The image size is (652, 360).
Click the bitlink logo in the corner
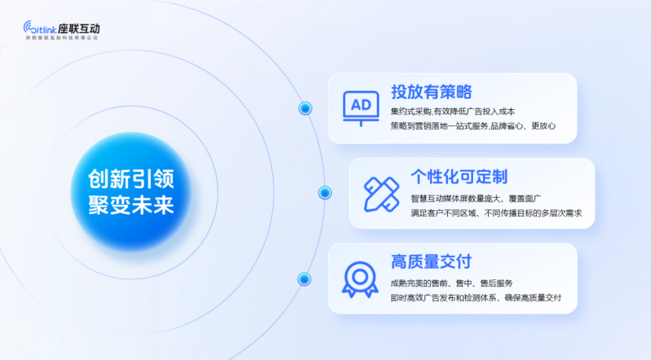point(40,27)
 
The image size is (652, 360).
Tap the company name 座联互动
point(79,29)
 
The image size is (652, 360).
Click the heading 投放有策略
point(432,92)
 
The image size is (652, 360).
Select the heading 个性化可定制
point(459,176)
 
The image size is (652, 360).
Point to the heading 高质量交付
point(432,261)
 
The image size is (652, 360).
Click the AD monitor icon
point(361,108)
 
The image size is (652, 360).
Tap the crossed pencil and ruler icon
point(381,195)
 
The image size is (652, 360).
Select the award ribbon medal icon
point(360,279)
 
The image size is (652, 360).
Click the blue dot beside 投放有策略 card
point(305,108)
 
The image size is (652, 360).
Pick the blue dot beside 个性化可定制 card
point(325,193)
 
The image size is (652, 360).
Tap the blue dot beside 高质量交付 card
point(304,279)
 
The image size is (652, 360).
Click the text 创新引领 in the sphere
point(131,179)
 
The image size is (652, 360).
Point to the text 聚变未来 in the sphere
point(131,205)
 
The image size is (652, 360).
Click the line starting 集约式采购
point(453,111)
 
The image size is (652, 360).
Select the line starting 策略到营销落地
point(473,125)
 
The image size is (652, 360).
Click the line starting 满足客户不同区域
point(496,213)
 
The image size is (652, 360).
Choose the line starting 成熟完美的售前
point(452,283)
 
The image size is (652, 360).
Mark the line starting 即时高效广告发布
point(475,297)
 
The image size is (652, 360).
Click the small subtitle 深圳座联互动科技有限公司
point(61,38)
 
